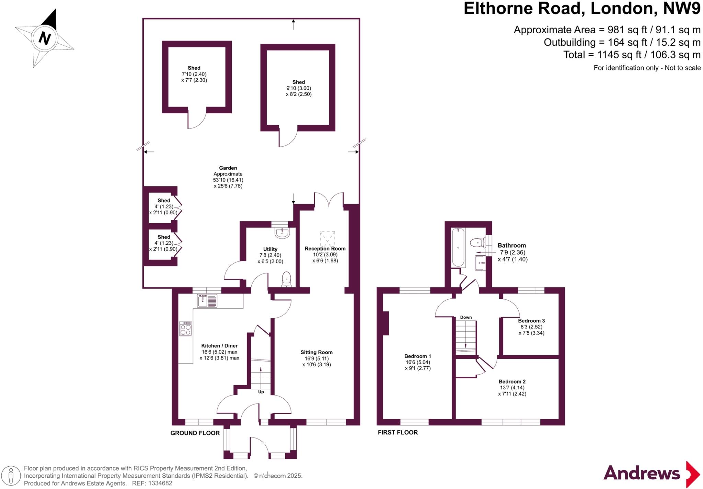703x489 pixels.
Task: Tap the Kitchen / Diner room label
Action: [x=219, y=346]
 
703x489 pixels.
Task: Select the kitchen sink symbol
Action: [x=207, y=301]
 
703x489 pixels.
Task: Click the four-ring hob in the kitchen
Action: [x=186, y=329]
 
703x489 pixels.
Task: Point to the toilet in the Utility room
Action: [x=286, y=279]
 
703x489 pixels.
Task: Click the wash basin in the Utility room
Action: [x=282, y=232]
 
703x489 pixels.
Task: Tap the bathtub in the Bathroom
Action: [x=458, y=247]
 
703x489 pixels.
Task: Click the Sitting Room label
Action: [x=316, y=352]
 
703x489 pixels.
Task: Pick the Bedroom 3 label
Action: [x=531, y=321]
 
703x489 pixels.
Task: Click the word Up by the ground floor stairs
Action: [x=261, y=392]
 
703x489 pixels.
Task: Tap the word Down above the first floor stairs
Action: [x=466, y=317]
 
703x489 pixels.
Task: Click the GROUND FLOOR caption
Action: [x=195, y=433]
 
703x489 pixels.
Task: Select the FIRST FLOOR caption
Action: [x=397, y=432]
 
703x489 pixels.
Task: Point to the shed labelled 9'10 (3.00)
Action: [x=298, y=88]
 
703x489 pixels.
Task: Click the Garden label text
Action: [x=228, y=168]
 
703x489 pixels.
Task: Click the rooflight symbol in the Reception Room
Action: [x=327, y=238]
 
